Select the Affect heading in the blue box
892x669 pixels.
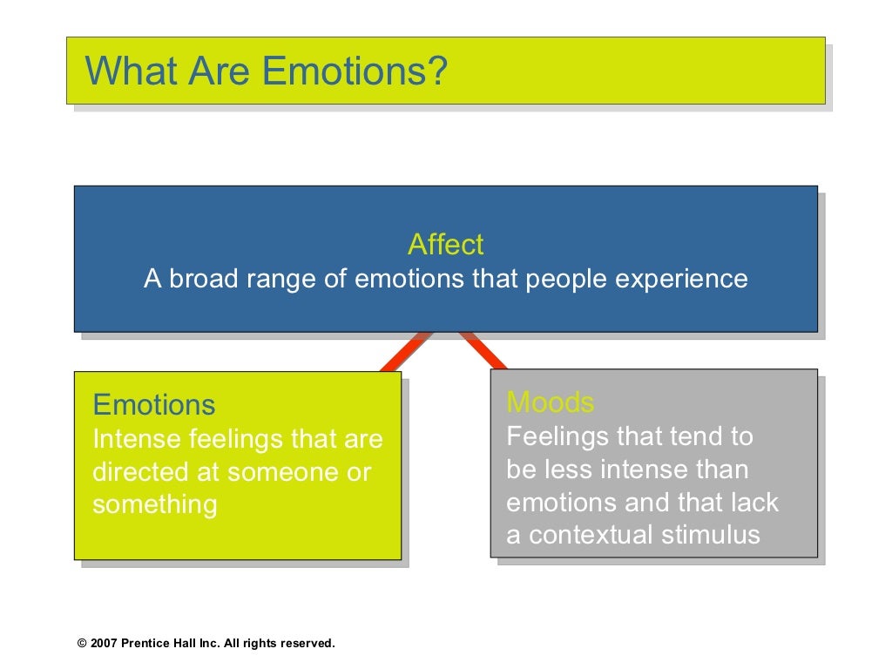(x=445, y=245)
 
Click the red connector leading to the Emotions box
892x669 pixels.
(x=404, y=352)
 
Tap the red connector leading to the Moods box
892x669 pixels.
(x=484, y=350)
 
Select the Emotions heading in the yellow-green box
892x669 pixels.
(x=154, y=405)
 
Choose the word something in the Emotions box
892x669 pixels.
(x=155, y=505)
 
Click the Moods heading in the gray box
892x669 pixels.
(x=551, y=402)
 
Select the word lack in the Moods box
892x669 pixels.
(x=755, y=502)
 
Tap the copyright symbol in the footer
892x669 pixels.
(x=82, y=644)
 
